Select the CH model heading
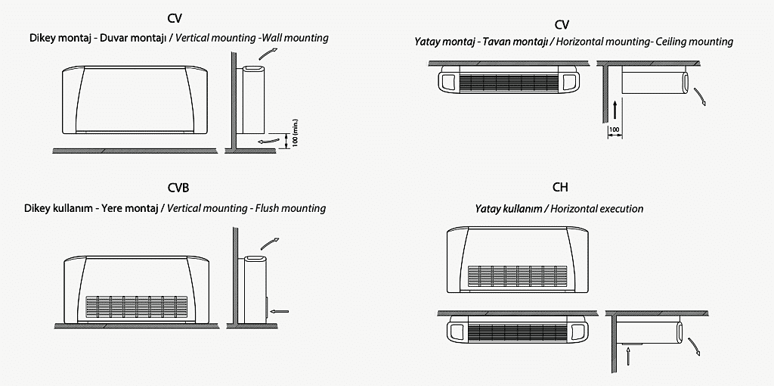coord(560,188)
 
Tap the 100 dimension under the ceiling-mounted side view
coord(615,131)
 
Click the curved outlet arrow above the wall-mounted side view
coord(265,51)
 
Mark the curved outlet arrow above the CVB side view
coord(268,242)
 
